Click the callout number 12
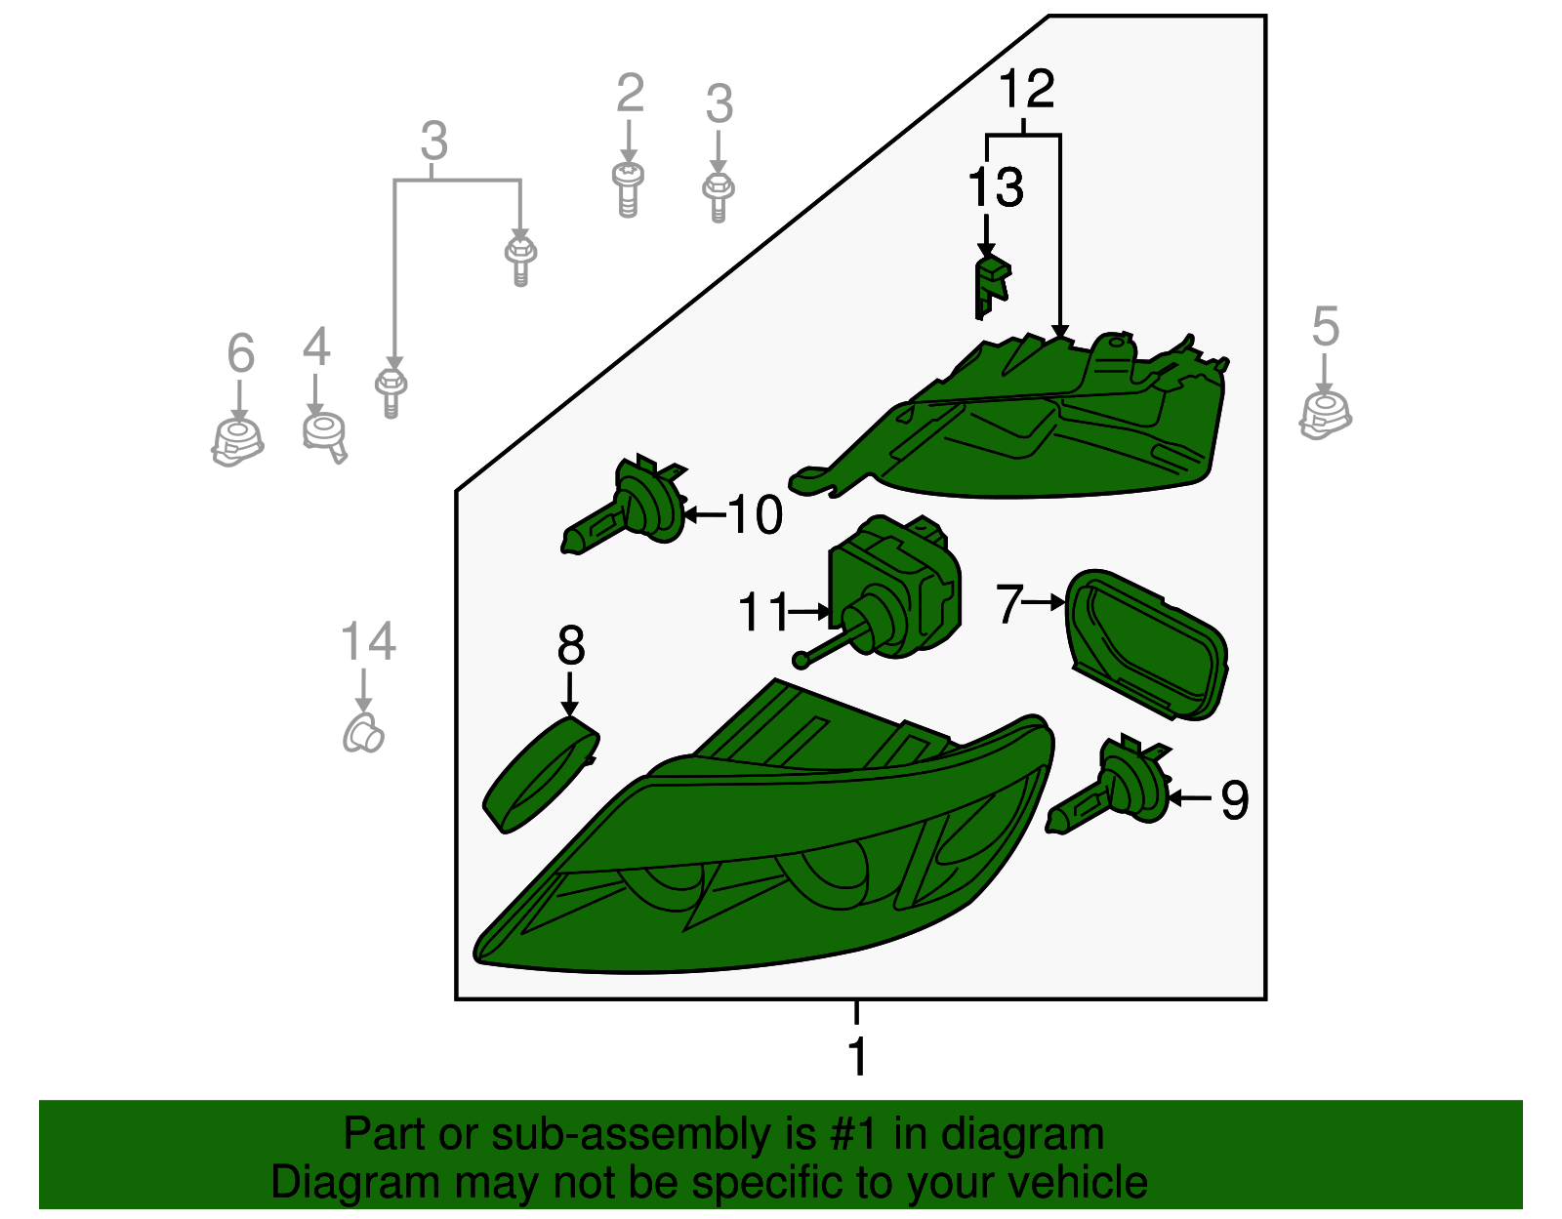click(1027, 89)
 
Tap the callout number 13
click(996, 187)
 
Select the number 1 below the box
click(857, 1056)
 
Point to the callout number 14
click(368, 641)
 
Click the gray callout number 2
click(630, 92)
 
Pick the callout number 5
click(1326, 326)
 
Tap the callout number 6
click(241, 352)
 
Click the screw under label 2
click(629, 189)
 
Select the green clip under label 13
click(992, 287)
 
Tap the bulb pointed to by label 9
click(1108, 785)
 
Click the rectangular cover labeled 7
click(1146, 645)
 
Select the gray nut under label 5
click(1325, 416)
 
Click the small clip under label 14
click(363, 733)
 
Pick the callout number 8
click(571, 645)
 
